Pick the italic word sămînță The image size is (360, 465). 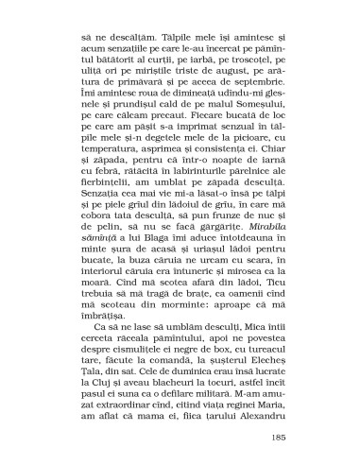97,241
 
